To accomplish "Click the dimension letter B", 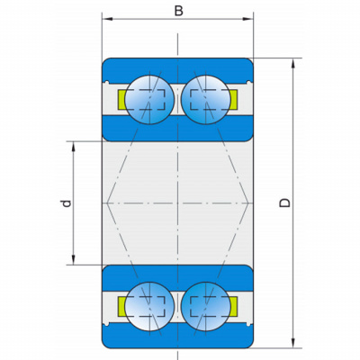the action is [179, 11].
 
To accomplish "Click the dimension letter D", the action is [284, 202].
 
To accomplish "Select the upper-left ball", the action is [149, 100].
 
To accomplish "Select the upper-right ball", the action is [206, 100].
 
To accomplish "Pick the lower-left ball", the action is [149, 306].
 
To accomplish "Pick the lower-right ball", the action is [206, 306].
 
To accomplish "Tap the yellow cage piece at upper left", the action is [121, 100].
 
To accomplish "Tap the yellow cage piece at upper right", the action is [233, 100].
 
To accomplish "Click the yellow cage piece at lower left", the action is [121, 306].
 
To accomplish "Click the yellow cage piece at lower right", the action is [233, 306].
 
